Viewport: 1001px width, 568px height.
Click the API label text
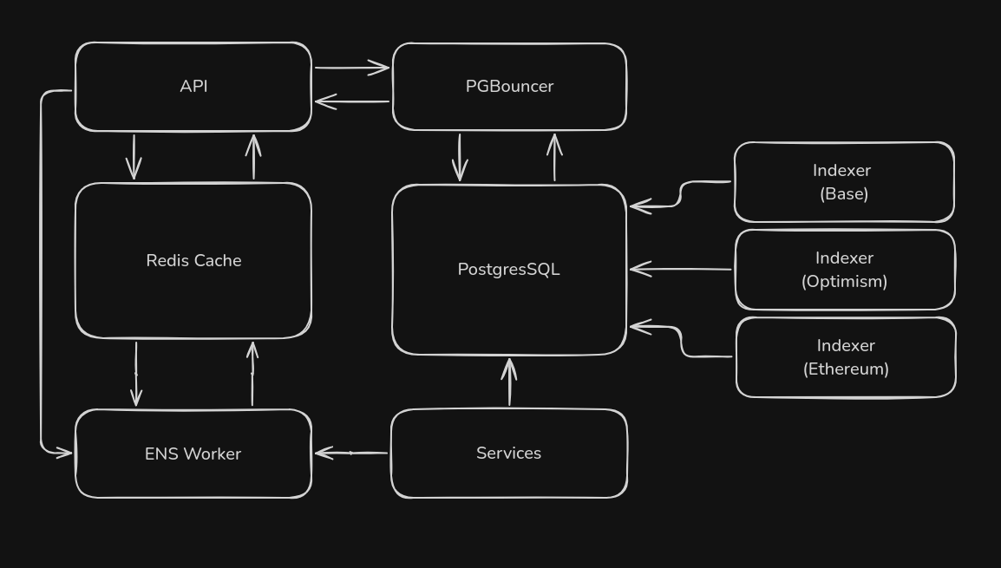[x=193, y=87]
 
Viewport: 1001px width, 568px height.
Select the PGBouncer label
[x=509, y=87]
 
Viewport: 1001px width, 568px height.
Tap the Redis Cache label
[x=193, y=260]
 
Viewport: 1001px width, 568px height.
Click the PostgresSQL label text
[x=508, y=270]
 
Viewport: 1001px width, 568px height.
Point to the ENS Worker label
[x=193, y=454]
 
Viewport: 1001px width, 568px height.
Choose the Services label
[x=508, y=453]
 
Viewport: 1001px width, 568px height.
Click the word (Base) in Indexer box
[x=844, y=194]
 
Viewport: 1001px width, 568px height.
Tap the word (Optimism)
[x=844, y=282]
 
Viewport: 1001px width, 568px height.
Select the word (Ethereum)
[x=846, y=369]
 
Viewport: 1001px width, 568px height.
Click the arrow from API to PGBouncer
[x=351, y=67]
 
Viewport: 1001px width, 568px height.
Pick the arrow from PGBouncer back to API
[x=351, y=101]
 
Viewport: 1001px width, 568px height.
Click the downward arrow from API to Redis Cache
[x=134, y=157]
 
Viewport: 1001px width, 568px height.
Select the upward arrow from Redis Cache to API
[x=253, y=157]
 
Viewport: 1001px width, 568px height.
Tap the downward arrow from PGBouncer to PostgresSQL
[x=460, y=157]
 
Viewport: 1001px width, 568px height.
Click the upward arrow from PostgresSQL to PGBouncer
[x=554, y=157]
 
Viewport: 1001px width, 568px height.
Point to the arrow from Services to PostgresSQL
[x=509, y=382]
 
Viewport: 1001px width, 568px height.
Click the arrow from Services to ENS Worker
[x=351, y=453]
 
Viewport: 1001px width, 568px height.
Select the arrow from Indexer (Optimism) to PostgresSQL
[x=681, y=269]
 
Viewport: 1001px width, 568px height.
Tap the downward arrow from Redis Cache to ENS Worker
[x=135, y=374]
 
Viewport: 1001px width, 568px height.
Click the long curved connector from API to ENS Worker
[x=41, y=269]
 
